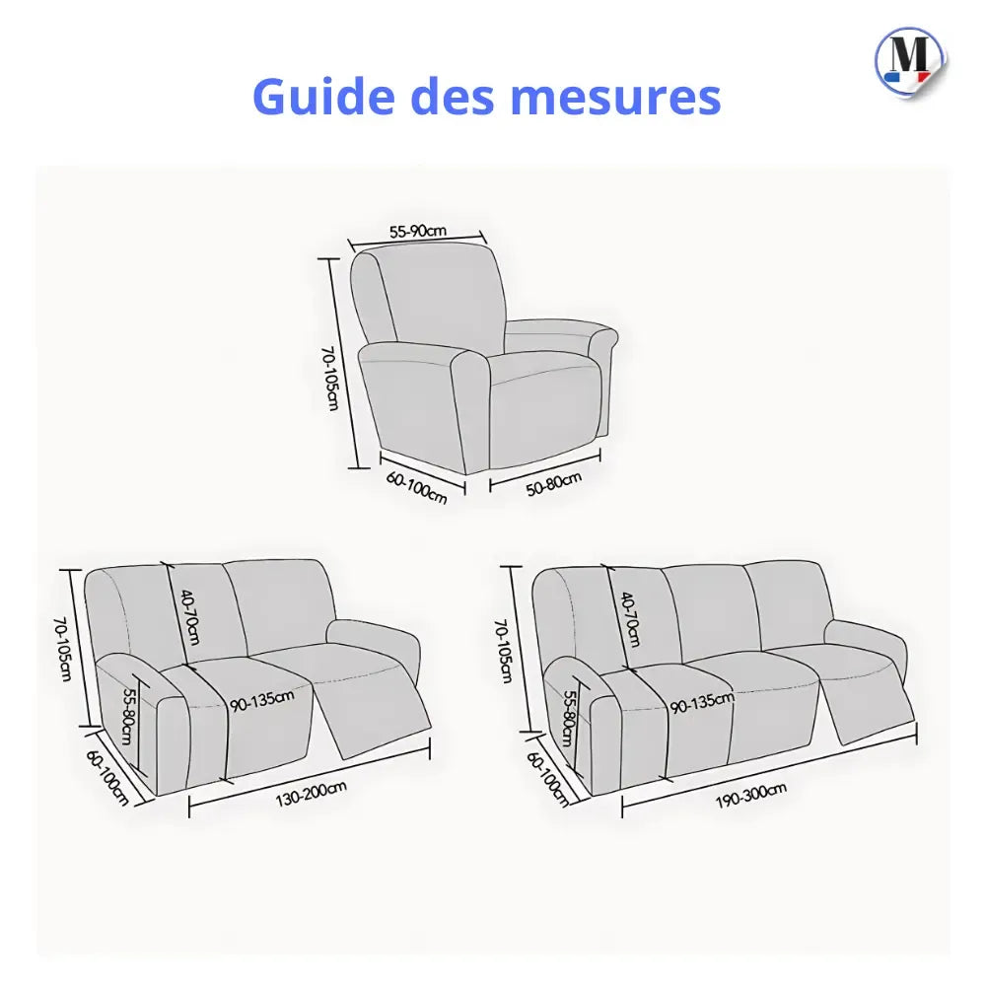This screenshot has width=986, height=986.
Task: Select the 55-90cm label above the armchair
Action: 418,232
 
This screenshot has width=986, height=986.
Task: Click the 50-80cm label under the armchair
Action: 553,484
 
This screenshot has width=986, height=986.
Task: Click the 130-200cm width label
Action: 312,788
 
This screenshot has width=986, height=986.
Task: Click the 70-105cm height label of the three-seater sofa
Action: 505,651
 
